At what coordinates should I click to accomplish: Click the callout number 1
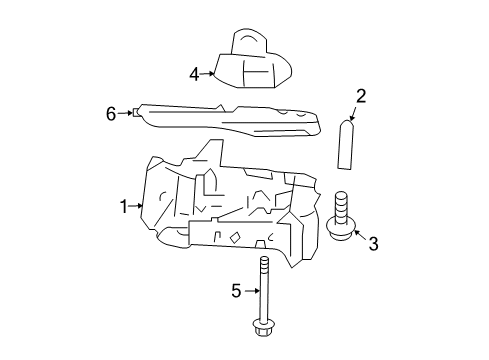coord(125,207)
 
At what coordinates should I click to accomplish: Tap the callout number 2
coord(361,96)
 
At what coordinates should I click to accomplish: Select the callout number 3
coord(372,243)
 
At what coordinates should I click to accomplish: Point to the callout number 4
coord(195,73)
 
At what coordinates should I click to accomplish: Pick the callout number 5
coord(237,291)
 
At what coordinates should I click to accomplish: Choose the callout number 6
coord(112,115)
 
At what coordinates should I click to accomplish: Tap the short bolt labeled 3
coord(341,215)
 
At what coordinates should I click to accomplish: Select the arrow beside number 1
coord(139,207)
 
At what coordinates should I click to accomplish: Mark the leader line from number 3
coord(359,238)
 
